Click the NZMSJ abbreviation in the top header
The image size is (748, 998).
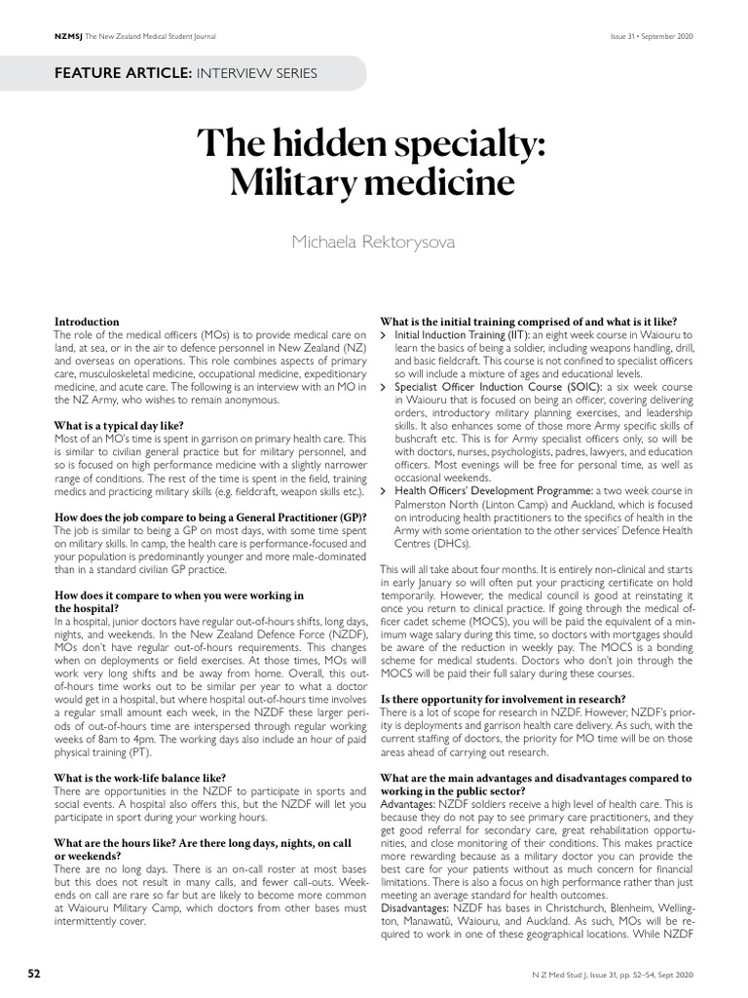68,36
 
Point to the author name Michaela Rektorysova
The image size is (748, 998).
374,240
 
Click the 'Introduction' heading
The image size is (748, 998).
87,322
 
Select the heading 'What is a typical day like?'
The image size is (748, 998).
119,425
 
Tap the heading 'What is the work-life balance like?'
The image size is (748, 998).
139,777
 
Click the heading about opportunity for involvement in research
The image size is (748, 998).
503,699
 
